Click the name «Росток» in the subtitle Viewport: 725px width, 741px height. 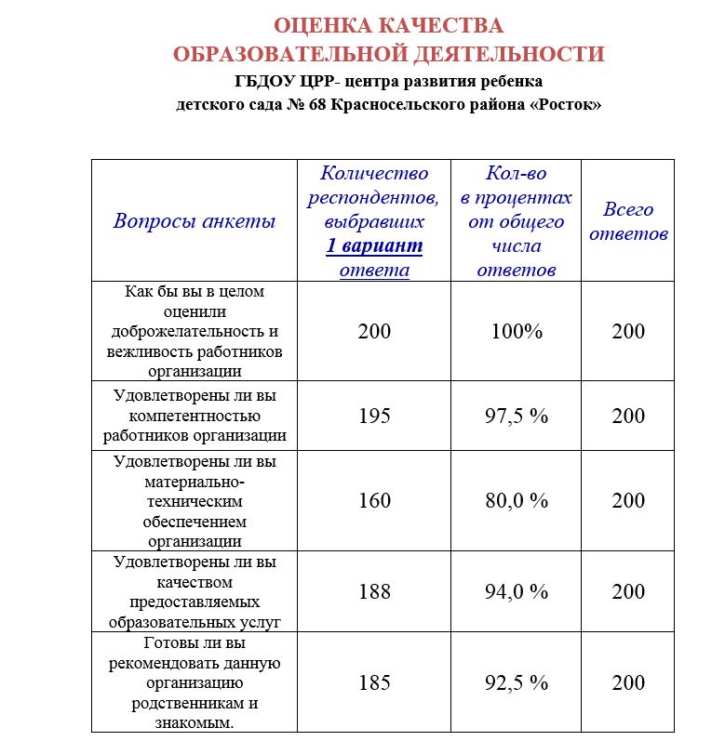[x=565, y=104]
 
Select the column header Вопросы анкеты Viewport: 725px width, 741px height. [x=195, y=221]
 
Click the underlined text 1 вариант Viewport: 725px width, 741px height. [x=374, y=246]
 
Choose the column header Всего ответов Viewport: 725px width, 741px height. [x=628, y=221]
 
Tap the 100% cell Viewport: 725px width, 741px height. [x=517, y=332]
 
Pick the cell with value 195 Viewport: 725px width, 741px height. [x=374, y=416]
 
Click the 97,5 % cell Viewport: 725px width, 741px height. [x=517, y=416]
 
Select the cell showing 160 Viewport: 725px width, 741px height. [x=374, y=501]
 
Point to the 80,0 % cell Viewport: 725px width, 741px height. [x=517, y=501]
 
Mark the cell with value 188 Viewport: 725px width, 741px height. [x=374, y=592]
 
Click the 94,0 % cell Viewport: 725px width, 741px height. [x=517, y=592]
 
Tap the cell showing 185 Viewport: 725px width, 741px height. [x=374, y=683]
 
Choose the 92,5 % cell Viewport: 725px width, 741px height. [x=517, y=683]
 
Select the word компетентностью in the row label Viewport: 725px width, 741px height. [x=195, y=415]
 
